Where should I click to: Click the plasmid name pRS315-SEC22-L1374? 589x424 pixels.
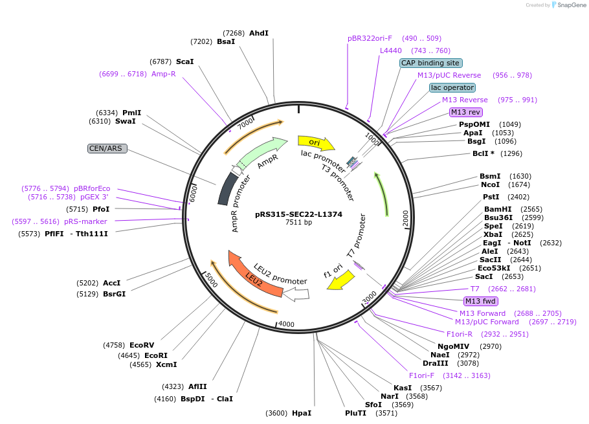pyautogui.click(x=298, y=214)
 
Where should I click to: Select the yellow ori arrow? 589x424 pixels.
pyautogui.click(x=315, y=142)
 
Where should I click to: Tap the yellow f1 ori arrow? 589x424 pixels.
pyautogui.click(x=344, y=280)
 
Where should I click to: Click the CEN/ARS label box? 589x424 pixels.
pyautogui.click(x=107, y=148)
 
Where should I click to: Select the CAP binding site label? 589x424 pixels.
pyautogui.click(x=430, y=63)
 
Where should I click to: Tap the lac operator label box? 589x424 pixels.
pyautogui.click(x=452, y=87)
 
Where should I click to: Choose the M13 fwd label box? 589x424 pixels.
pyautogui.click(x=480, y=301)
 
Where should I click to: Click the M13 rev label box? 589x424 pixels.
pyautogui.click(x=466, y=112)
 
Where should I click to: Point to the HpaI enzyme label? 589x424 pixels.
pyautogui.click(x=302, y=413)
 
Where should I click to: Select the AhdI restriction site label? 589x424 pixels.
pyautogui.click(x=258, y=33)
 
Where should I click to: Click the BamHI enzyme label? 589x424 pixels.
pyautogui.click(x=497, y=209)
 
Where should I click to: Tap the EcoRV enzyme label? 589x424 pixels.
pyautogui.click(x=142, y=345)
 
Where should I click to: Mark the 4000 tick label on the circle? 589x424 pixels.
pyautogui.click(x=285, y=324)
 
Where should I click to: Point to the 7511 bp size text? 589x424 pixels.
pyautogui.click(x=298, y=223)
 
